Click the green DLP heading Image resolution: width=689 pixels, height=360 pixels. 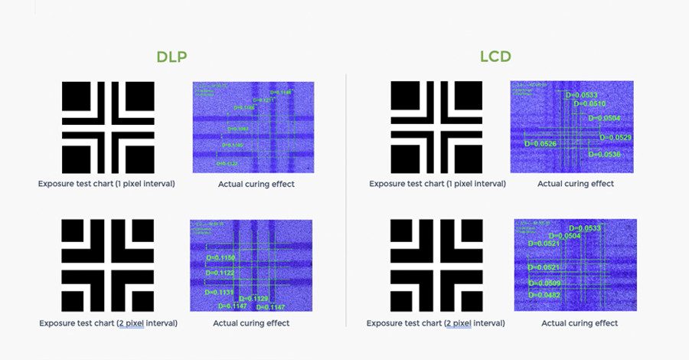click(x=171, y=57)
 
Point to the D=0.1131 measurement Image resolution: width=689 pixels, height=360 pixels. click(x=220, y=292)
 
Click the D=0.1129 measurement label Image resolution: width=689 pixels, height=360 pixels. click(x=254, y=298)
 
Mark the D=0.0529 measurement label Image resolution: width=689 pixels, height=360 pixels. click(x=616, y=137)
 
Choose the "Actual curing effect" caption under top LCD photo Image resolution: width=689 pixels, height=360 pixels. click(x=576, y=184)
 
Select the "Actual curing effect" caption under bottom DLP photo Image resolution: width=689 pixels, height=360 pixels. click(x=251, y=323)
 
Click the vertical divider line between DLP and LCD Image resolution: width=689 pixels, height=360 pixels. click(x=346, y=199)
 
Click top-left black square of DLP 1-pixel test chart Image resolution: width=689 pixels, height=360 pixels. click(x=77, y=97)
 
